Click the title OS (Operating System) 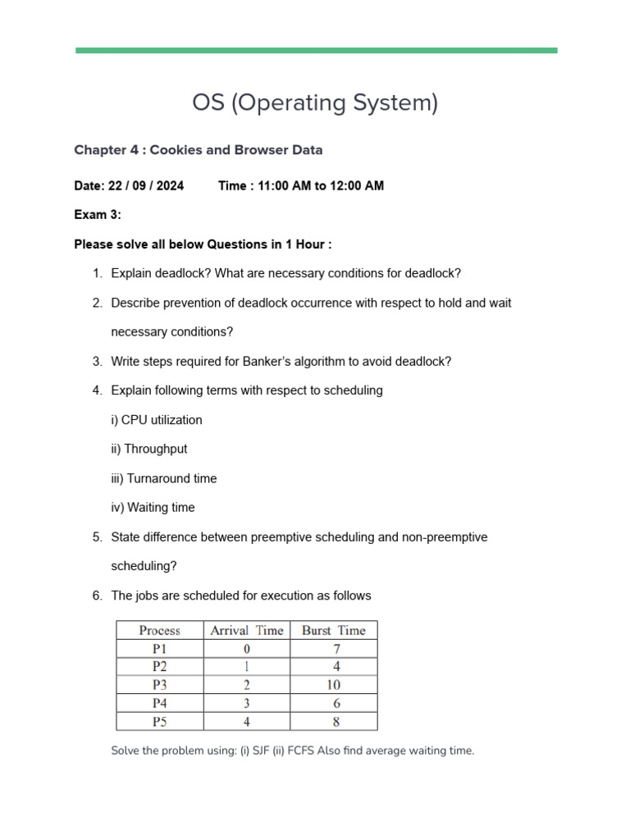click(315, 103)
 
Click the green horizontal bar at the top click(316, 51)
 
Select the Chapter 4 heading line click(198, 150)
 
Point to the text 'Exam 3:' click(98, 215)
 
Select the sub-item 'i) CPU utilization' click(157, 420)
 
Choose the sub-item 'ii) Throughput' click(149, 450)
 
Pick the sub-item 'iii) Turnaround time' click(164, 478)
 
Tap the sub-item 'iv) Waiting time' click(153, 508)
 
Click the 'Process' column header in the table click(160, 631)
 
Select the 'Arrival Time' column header click(247, 631)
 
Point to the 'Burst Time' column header click(334, 631)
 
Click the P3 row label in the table click(160, 685)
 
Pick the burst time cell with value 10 click(334, 685)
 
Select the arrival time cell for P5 click(247, 722)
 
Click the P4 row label click(160, 704)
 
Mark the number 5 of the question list click(97, 537)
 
